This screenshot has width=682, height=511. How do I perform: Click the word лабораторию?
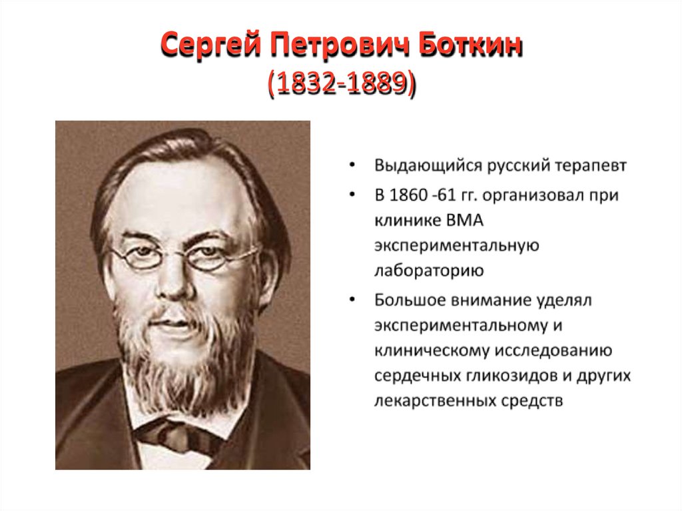coord(428,271)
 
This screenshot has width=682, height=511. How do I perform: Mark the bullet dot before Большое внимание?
coord(352,300)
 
